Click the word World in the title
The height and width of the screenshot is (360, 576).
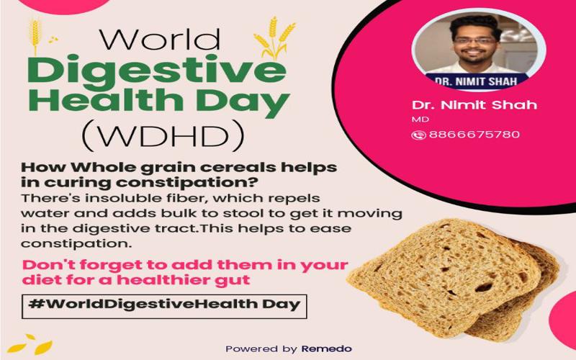tap(160, 39)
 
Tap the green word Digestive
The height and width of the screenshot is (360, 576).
tap(157, 71)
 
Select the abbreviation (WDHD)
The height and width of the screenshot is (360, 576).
tap(163, 136)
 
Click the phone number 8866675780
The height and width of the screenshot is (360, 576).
tap(474, 135)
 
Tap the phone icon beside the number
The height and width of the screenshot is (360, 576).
tap(418, 135)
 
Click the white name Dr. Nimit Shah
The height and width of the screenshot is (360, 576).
tap(474, 105)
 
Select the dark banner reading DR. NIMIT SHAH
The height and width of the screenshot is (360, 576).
tap(477, 81)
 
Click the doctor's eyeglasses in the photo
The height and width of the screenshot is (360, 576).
tap(474, 41)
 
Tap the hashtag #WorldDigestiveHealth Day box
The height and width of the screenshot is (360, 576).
tap(164, 306)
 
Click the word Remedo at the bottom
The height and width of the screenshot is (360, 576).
tap(327, 348)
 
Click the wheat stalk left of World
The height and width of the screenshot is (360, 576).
tap(35, 36)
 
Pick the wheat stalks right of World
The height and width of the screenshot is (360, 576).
tap(274, 37)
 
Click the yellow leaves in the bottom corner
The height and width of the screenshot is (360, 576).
tap(30, 344)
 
